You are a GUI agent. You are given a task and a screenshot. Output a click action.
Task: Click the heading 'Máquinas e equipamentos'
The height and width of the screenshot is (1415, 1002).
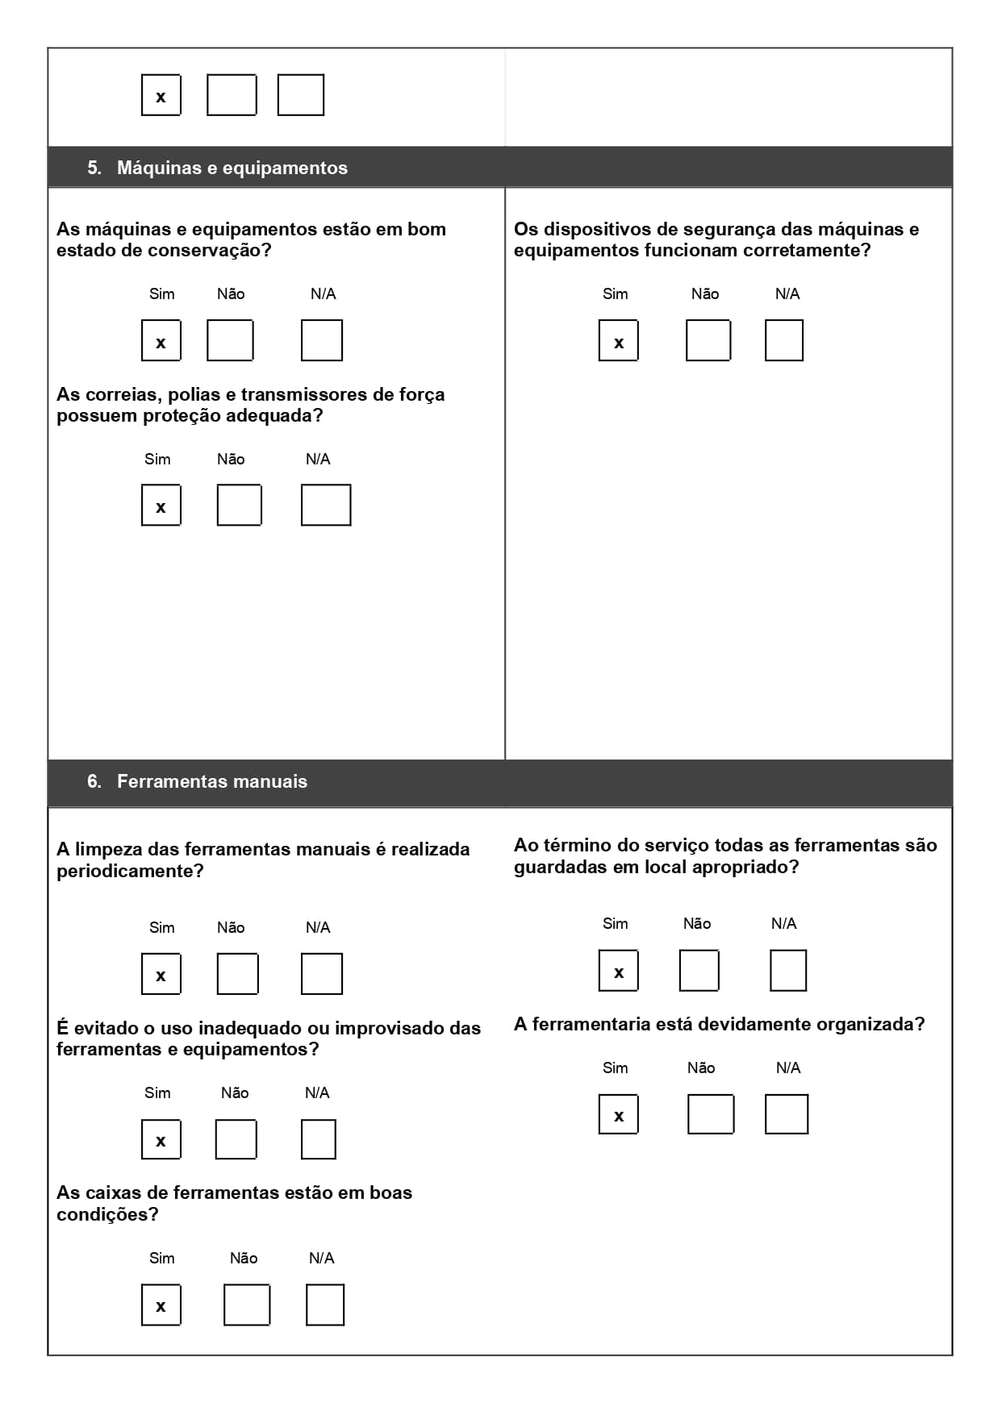[x=232, y=168]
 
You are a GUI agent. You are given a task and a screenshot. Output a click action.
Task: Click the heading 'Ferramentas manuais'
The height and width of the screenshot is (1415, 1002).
[x=211, y=781]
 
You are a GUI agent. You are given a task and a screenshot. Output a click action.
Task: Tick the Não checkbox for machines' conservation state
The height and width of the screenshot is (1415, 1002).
[x=230, y=340]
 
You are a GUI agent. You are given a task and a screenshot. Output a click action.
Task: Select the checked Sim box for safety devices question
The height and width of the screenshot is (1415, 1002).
[x=618, y=340]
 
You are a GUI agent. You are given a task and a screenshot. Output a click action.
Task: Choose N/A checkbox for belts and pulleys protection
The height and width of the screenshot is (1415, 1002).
[x=325, y=506]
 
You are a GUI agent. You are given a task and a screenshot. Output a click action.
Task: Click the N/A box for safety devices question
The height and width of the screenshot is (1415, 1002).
[x=783, y=340]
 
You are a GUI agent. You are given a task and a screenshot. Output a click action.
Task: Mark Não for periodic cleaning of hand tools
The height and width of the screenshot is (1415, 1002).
[x=237, y=974]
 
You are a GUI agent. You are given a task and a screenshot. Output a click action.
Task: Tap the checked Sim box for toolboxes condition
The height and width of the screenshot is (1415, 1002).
[x=161, y=1305]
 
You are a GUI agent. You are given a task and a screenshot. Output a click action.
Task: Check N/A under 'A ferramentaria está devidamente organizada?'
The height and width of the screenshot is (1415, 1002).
[x=786, y=1114]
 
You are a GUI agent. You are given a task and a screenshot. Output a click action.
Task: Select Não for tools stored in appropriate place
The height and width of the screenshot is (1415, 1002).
[x=699, y=971]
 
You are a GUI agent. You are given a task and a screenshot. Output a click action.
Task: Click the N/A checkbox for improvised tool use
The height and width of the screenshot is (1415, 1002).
[x=318, y=1139]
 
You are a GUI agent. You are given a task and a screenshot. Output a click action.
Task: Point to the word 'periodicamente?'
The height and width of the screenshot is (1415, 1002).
[x=130, y=872]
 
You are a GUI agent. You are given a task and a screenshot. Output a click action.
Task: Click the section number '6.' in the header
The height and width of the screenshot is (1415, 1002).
[x=94, y=781]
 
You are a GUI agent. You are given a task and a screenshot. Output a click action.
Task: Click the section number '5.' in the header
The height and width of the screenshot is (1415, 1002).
[x=94, y=168]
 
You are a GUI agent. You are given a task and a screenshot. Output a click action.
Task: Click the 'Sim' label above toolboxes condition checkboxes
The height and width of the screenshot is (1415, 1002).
[x=161, y=1259]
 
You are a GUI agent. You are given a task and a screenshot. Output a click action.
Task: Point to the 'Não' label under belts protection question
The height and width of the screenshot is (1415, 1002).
[x=230, y=460]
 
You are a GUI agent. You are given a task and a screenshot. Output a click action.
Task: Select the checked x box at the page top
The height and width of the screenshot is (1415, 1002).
[x=161, y=95]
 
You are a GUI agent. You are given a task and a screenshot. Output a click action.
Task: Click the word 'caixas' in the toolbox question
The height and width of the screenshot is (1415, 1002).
[x=140, y=1193]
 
